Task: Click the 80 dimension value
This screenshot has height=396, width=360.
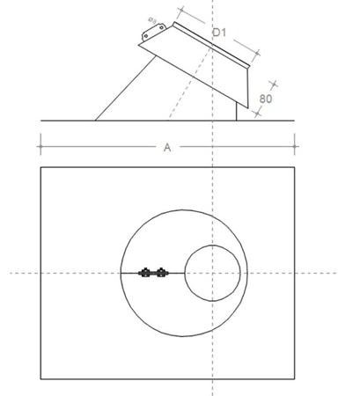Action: pos(265,100)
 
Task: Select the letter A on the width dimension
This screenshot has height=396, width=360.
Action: pos(167,147)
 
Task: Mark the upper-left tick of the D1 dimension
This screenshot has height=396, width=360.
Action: pos(180,13)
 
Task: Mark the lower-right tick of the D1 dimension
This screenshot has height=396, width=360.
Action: pos(261,53)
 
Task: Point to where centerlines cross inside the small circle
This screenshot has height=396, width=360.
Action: pos(212,274)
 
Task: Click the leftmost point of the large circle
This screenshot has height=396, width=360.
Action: pos(120,274)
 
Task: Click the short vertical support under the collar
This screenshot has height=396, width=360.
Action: pos(237,110)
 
